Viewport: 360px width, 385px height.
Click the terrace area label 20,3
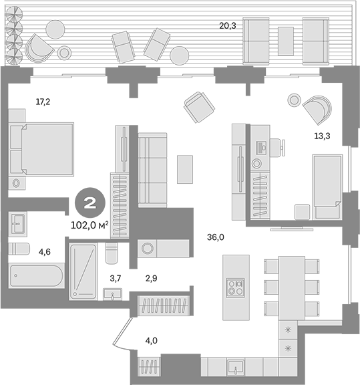pos(228,25)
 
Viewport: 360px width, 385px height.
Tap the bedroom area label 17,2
pos(43,102)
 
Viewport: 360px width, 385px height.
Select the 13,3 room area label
pos(322,136)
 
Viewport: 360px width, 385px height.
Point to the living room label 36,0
pos(216,237)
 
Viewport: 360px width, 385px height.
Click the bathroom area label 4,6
pos(45,252)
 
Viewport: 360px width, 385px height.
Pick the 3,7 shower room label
pos(116,279)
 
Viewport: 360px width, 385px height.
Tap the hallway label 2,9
pos(151,279)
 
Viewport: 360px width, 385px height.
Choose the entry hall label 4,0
pos(151,341)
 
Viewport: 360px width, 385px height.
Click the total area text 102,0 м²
pos(89,225)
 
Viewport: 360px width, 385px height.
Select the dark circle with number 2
pos(90,203)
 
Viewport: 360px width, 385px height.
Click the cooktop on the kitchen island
pos(235,288)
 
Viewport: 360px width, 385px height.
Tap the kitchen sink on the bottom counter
pos(235,367)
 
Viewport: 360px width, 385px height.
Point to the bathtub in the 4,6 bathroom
pos(37,275)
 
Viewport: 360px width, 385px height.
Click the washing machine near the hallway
pos(147,248)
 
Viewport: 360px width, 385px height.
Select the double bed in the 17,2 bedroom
pos(41,149)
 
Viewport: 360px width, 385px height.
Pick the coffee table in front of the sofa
pos(185,169)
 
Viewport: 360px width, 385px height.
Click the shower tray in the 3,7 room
pos(83,271)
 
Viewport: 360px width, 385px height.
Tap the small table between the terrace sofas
pos(286,41)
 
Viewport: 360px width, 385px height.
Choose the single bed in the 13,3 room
pos(327,186)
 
